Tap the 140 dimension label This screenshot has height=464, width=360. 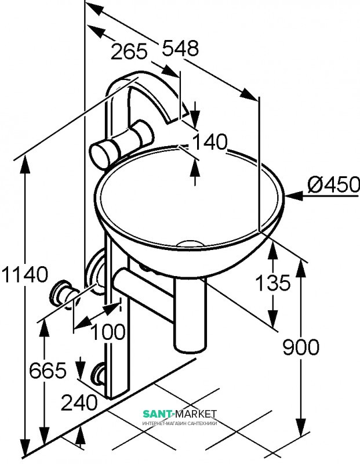pos(210,142)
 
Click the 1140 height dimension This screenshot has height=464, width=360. pos(24,273)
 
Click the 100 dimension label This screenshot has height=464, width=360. pos(108,332)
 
